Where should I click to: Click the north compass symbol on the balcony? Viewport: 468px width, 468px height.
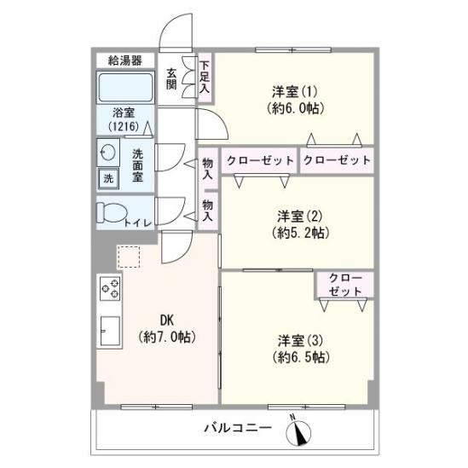coord(298,432)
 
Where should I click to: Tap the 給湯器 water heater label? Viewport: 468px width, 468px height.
coord(124,61)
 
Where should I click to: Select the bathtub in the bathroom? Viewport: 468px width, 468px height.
coord(125,88)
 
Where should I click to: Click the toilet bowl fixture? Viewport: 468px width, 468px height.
coord(112,212)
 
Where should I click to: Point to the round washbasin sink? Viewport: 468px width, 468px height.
coord(108,153)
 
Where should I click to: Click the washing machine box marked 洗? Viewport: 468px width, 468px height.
coord(108,178)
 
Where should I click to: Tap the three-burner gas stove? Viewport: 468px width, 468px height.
coord(110,288)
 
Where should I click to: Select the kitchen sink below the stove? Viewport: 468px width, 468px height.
coord(110,331)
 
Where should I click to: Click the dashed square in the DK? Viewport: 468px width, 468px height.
coord(129,257)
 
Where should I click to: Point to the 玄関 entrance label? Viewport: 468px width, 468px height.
coord(171,79)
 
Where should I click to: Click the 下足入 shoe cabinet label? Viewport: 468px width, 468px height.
coord(205,77)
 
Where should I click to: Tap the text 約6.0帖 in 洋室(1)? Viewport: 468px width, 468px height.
coord(296,108)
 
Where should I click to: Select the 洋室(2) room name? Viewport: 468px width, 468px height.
coord(300,216)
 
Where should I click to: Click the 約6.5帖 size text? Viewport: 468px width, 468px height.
coord(301,356)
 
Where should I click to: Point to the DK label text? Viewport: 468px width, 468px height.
coord(167,321)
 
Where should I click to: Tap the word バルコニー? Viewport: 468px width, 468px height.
coord(238,428)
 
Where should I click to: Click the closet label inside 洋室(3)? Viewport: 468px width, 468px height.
coord(345,285)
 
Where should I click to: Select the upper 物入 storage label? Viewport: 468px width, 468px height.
coord(207,169)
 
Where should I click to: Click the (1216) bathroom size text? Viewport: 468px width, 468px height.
coord(124,126)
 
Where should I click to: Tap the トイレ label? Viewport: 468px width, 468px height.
coord(137,223)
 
